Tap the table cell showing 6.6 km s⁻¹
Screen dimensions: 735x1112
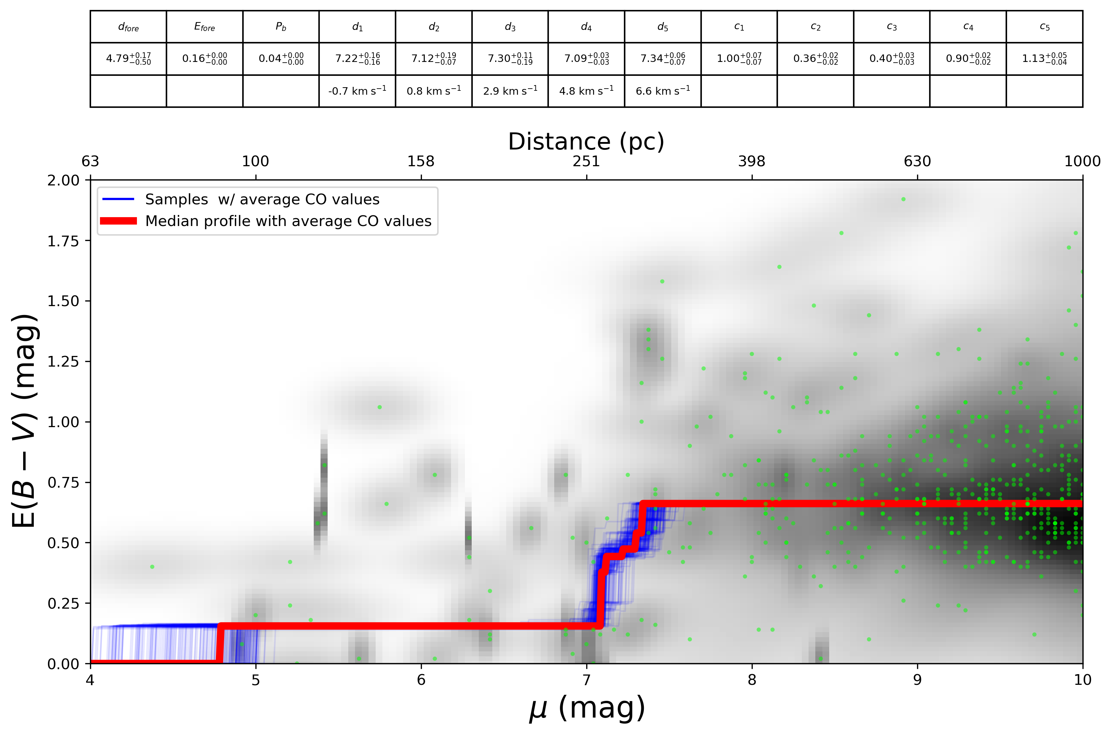(x=662, y=90)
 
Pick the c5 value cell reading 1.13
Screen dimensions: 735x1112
(x=1044, y=59)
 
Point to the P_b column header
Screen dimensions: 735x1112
(x=281, y=27)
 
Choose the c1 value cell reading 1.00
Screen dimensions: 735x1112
(x=739, y=59)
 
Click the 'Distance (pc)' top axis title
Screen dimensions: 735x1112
(x=586, y=142)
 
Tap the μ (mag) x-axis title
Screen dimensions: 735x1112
(x=587, y=708)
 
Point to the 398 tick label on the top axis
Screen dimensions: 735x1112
(x=751, y=162)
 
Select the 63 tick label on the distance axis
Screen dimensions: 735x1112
(x=90, y=162)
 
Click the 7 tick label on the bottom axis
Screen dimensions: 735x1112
(x=587, y=680)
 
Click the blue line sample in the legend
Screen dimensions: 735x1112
(x=118, y=199)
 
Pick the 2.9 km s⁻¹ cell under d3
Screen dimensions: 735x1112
(x=510, y=90)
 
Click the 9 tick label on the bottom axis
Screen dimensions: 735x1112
(x=917, y=680)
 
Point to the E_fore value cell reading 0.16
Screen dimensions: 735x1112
(x=204, y=59)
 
